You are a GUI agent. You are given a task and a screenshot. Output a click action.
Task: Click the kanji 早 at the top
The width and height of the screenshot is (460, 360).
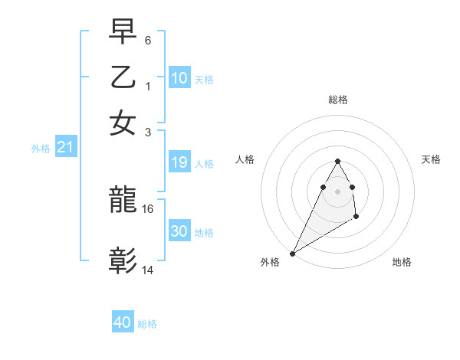pyautogui.click(x=123, y=32)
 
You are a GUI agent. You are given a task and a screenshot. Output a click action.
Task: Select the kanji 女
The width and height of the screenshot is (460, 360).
pyautogui.click(x=123, y=122)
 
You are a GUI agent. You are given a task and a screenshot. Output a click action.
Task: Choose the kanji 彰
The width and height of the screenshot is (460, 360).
pyautogui.click(x=123, y=260)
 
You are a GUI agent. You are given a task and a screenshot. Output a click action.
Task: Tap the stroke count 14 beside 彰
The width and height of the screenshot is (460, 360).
pyautogui.click(x=148, y=270)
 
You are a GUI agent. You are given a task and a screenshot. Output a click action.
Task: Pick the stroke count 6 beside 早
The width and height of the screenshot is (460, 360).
pyautogui.click(x=148, y=39)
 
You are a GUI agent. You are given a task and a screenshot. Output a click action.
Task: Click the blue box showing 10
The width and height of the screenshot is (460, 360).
pyautogui.click(x=179, y=77)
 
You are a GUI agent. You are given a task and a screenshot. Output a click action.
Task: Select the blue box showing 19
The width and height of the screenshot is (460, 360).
pyautogui.click(x=179, y=162)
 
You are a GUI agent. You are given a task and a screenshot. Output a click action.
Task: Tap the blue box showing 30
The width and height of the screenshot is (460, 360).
pyautogui.click(x=179, y=231)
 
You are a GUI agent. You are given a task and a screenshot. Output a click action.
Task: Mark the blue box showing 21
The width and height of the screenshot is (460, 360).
pyautogui.click(x=64, y=148)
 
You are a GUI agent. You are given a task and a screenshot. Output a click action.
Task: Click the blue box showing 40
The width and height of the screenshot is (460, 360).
pyautogui.click(x=122, y=322)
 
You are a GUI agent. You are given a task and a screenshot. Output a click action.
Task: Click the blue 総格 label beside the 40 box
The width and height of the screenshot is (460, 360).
pyautogui.click(x=147, y=324)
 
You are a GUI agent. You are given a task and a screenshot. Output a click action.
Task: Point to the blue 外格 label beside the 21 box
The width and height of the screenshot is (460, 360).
pyautogui.click(x=41, y=149)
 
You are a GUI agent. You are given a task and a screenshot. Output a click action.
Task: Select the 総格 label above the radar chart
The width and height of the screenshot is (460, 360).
pyautogui.click(x=337, y=100)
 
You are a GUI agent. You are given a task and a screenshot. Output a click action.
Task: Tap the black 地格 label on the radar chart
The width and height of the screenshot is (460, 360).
pyautogui.click(x=402, y=262)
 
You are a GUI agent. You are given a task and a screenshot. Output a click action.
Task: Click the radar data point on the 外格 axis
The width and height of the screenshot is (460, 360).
pyautogui.click(x=292, y=254)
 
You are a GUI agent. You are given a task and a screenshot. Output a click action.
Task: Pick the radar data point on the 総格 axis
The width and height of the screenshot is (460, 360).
pyautogui.click(x=337, y=161)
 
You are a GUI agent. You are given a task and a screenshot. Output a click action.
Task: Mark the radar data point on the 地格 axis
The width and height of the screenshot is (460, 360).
pyautogui.click(x=356, y=218)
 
